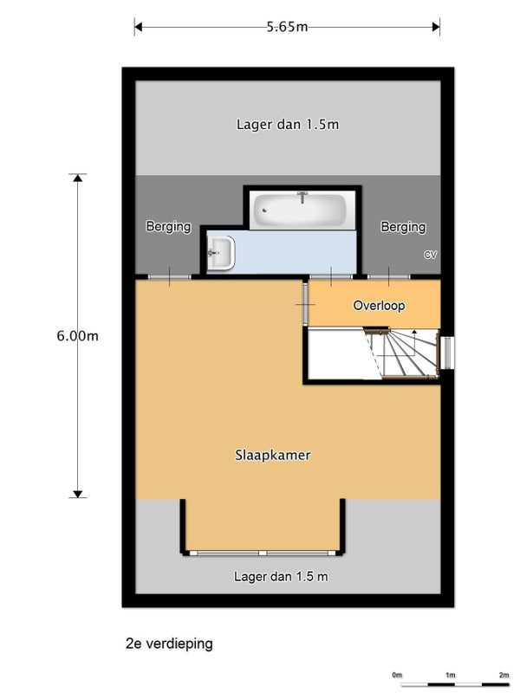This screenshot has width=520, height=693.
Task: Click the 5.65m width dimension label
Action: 287,27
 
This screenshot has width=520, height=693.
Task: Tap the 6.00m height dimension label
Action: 77,336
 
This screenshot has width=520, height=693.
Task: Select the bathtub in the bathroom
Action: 302,210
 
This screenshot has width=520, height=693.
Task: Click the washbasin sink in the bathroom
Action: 221,252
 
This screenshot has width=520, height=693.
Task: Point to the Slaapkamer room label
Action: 272,455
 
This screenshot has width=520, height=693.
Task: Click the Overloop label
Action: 379,306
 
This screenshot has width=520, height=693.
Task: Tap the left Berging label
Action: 168,226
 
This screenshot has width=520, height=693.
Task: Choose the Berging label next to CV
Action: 403,227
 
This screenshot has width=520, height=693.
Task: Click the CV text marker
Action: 431,255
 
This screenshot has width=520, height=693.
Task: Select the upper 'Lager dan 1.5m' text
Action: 288,125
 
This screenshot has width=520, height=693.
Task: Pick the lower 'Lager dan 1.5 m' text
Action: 281,576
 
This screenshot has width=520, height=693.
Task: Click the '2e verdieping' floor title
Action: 169,644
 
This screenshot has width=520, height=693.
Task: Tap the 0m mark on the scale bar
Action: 397,675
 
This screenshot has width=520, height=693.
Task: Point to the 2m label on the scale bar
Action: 504,675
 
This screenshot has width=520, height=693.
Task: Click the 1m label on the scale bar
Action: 450,675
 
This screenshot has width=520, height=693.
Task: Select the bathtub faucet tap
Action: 302,197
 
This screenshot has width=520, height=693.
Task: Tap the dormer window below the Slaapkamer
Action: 263,553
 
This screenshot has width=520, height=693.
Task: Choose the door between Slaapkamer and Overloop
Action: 305,305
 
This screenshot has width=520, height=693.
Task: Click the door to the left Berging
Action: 169,277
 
